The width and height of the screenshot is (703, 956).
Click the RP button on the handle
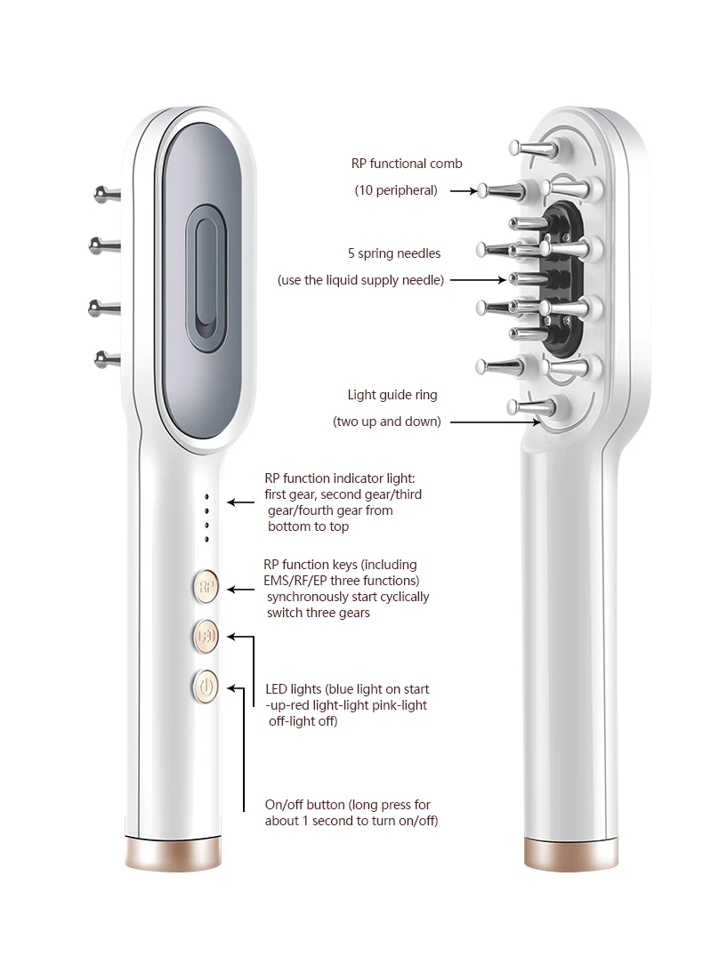tap(206, 585)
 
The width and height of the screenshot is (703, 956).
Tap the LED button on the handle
tap(206, 636)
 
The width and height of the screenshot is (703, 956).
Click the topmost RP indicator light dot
tap(206, 497)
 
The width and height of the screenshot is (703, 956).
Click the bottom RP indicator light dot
tap(206, 539)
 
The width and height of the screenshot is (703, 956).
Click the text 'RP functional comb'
tap(407, 164)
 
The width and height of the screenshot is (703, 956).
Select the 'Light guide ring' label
tap(392, 395)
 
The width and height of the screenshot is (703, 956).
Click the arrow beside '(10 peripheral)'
tap(463, 190)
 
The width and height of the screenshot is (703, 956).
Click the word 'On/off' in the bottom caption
tap(285, 805)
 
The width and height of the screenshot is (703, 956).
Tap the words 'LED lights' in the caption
tap(294, 689)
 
